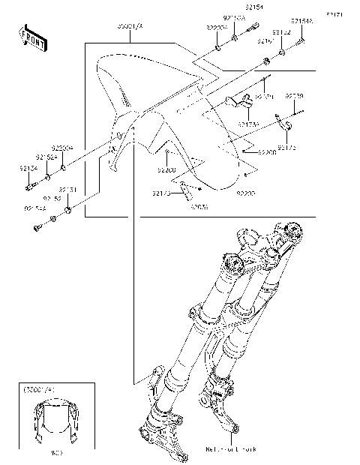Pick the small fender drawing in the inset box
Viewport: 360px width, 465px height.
(56, 423)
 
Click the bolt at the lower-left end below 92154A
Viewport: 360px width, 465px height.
(37, 226)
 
